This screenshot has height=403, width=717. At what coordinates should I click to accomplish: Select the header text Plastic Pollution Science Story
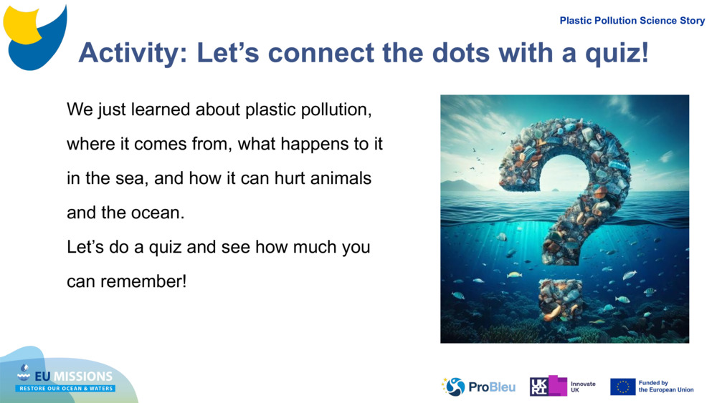point(632,21)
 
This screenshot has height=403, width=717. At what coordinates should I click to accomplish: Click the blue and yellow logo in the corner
point(35,36)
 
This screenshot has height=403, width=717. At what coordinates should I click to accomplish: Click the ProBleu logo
point(479,387)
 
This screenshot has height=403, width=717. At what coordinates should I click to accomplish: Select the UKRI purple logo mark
point(548,387)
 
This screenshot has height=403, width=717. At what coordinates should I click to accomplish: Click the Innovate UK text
point(583,387)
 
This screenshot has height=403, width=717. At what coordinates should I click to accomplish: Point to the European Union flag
point(622,387)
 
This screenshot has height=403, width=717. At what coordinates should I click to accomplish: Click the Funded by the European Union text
point(665,387)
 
